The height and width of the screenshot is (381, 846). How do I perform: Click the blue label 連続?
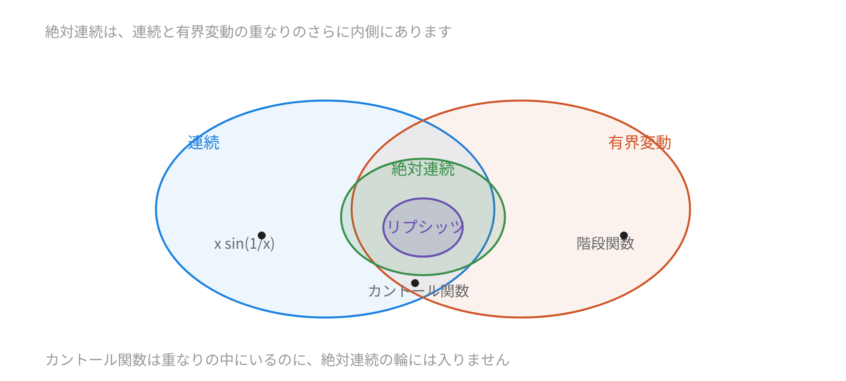(x=204, y=142)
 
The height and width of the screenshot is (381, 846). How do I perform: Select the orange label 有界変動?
(x=640, y=142)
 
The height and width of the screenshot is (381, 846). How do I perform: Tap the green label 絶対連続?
(x=423, y=169)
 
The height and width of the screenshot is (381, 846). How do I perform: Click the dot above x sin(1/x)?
(x=262, y=235)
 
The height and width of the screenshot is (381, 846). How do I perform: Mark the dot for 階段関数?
(x=624, y=235)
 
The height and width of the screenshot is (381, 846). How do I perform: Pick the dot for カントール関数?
(x=415, y=283)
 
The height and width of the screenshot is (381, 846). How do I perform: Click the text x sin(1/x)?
(x=245, y=243)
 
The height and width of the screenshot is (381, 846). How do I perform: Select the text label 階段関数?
(x=605, y=243)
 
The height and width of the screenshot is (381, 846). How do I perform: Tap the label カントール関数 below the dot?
(x=419, y=291)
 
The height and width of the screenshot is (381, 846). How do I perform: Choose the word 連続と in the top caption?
(x=154, y=32)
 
